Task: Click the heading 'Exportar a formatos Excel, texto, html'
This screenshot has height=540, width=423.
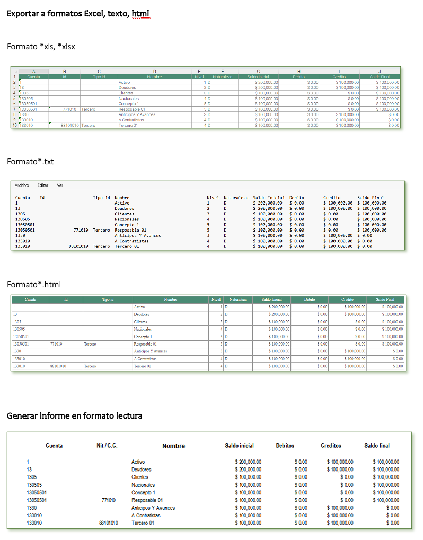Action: pos(78,13)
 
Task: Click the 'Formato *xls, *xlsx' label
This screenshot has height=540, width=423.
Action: pos(41,47)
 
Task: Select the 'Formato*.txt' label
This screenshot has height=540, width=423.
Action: pos(30,161)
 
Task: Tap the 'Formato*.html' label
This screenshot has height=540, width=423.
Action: pos(34,285)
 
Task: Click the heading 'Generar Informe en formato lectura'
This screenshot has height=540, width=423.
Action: pos(74,415)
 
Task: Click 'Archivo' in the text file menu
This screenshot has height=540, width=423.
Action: pos(22,185)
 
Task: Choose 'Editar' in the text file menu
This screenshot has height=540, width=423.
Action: pos(43,185)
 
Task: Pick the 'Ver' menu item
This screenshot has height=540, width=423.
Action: pos(60,185)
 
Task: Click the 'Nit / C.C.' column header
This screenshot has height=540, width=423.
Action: pos(104,446)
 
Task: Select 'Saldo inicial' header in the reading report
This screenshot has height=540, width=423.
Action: pos(239,446)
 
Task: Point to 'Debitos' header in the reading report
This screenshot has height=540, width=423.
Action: pos(285,446)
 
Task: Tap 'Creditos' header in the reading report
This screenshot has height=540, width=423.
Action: pos(331,446)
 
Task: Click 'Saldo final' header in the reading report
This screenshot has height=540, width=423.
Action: pos(377,446)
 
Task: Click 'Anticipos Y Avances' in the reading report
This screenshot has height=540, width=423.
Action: pos(153,508)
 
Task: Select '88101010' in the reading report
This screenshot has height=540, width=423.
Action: pos(109,523)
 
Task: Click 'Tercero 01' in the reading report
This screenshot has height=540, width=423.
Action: pos(143,523)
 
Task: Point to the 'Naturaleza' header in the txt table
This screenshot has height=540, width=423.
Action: pos(236,198)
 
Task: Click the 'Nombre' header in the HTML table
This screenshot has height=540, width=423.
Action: pos(170,300)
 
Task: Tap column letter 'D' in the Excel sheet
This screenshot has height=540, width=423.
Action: pos(154,71)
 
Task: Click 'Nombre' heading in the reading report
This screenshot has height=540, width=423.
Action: pos(173,446)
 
